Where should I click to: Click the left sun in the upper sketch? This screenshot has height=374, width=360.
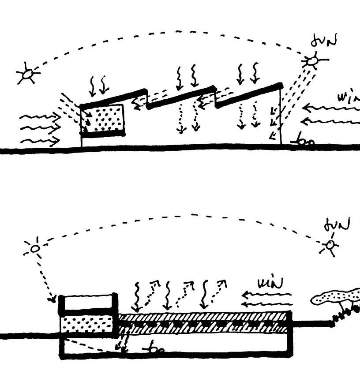point(27,74)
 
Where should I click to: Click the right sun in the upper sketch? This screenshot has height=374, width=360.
point(312,60)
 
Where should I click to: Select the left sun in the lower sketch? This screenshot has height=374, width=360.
point(35,249)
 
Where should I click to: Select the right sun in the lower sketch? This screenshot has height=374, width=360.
point(330,245)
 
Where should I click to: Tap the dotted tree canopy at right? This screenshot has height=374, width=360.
point(335,297)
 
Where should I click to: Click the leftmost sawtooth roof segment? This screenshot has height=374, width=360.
point(114,98)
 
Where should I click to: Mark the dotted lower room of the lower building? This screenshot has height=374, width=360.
point(87,324)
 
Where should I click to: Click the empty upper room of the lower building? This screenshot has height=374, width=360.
point(87,302)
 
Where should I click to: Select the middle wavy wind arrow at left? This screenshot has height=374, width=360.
point(40,129)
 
